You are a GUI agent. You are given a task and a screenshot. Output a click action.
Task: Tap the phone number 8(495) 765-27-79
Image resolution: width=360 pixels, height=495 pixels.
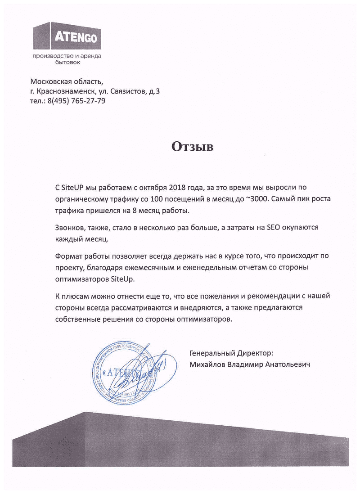pyautogui.click(x=76, y=101)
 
